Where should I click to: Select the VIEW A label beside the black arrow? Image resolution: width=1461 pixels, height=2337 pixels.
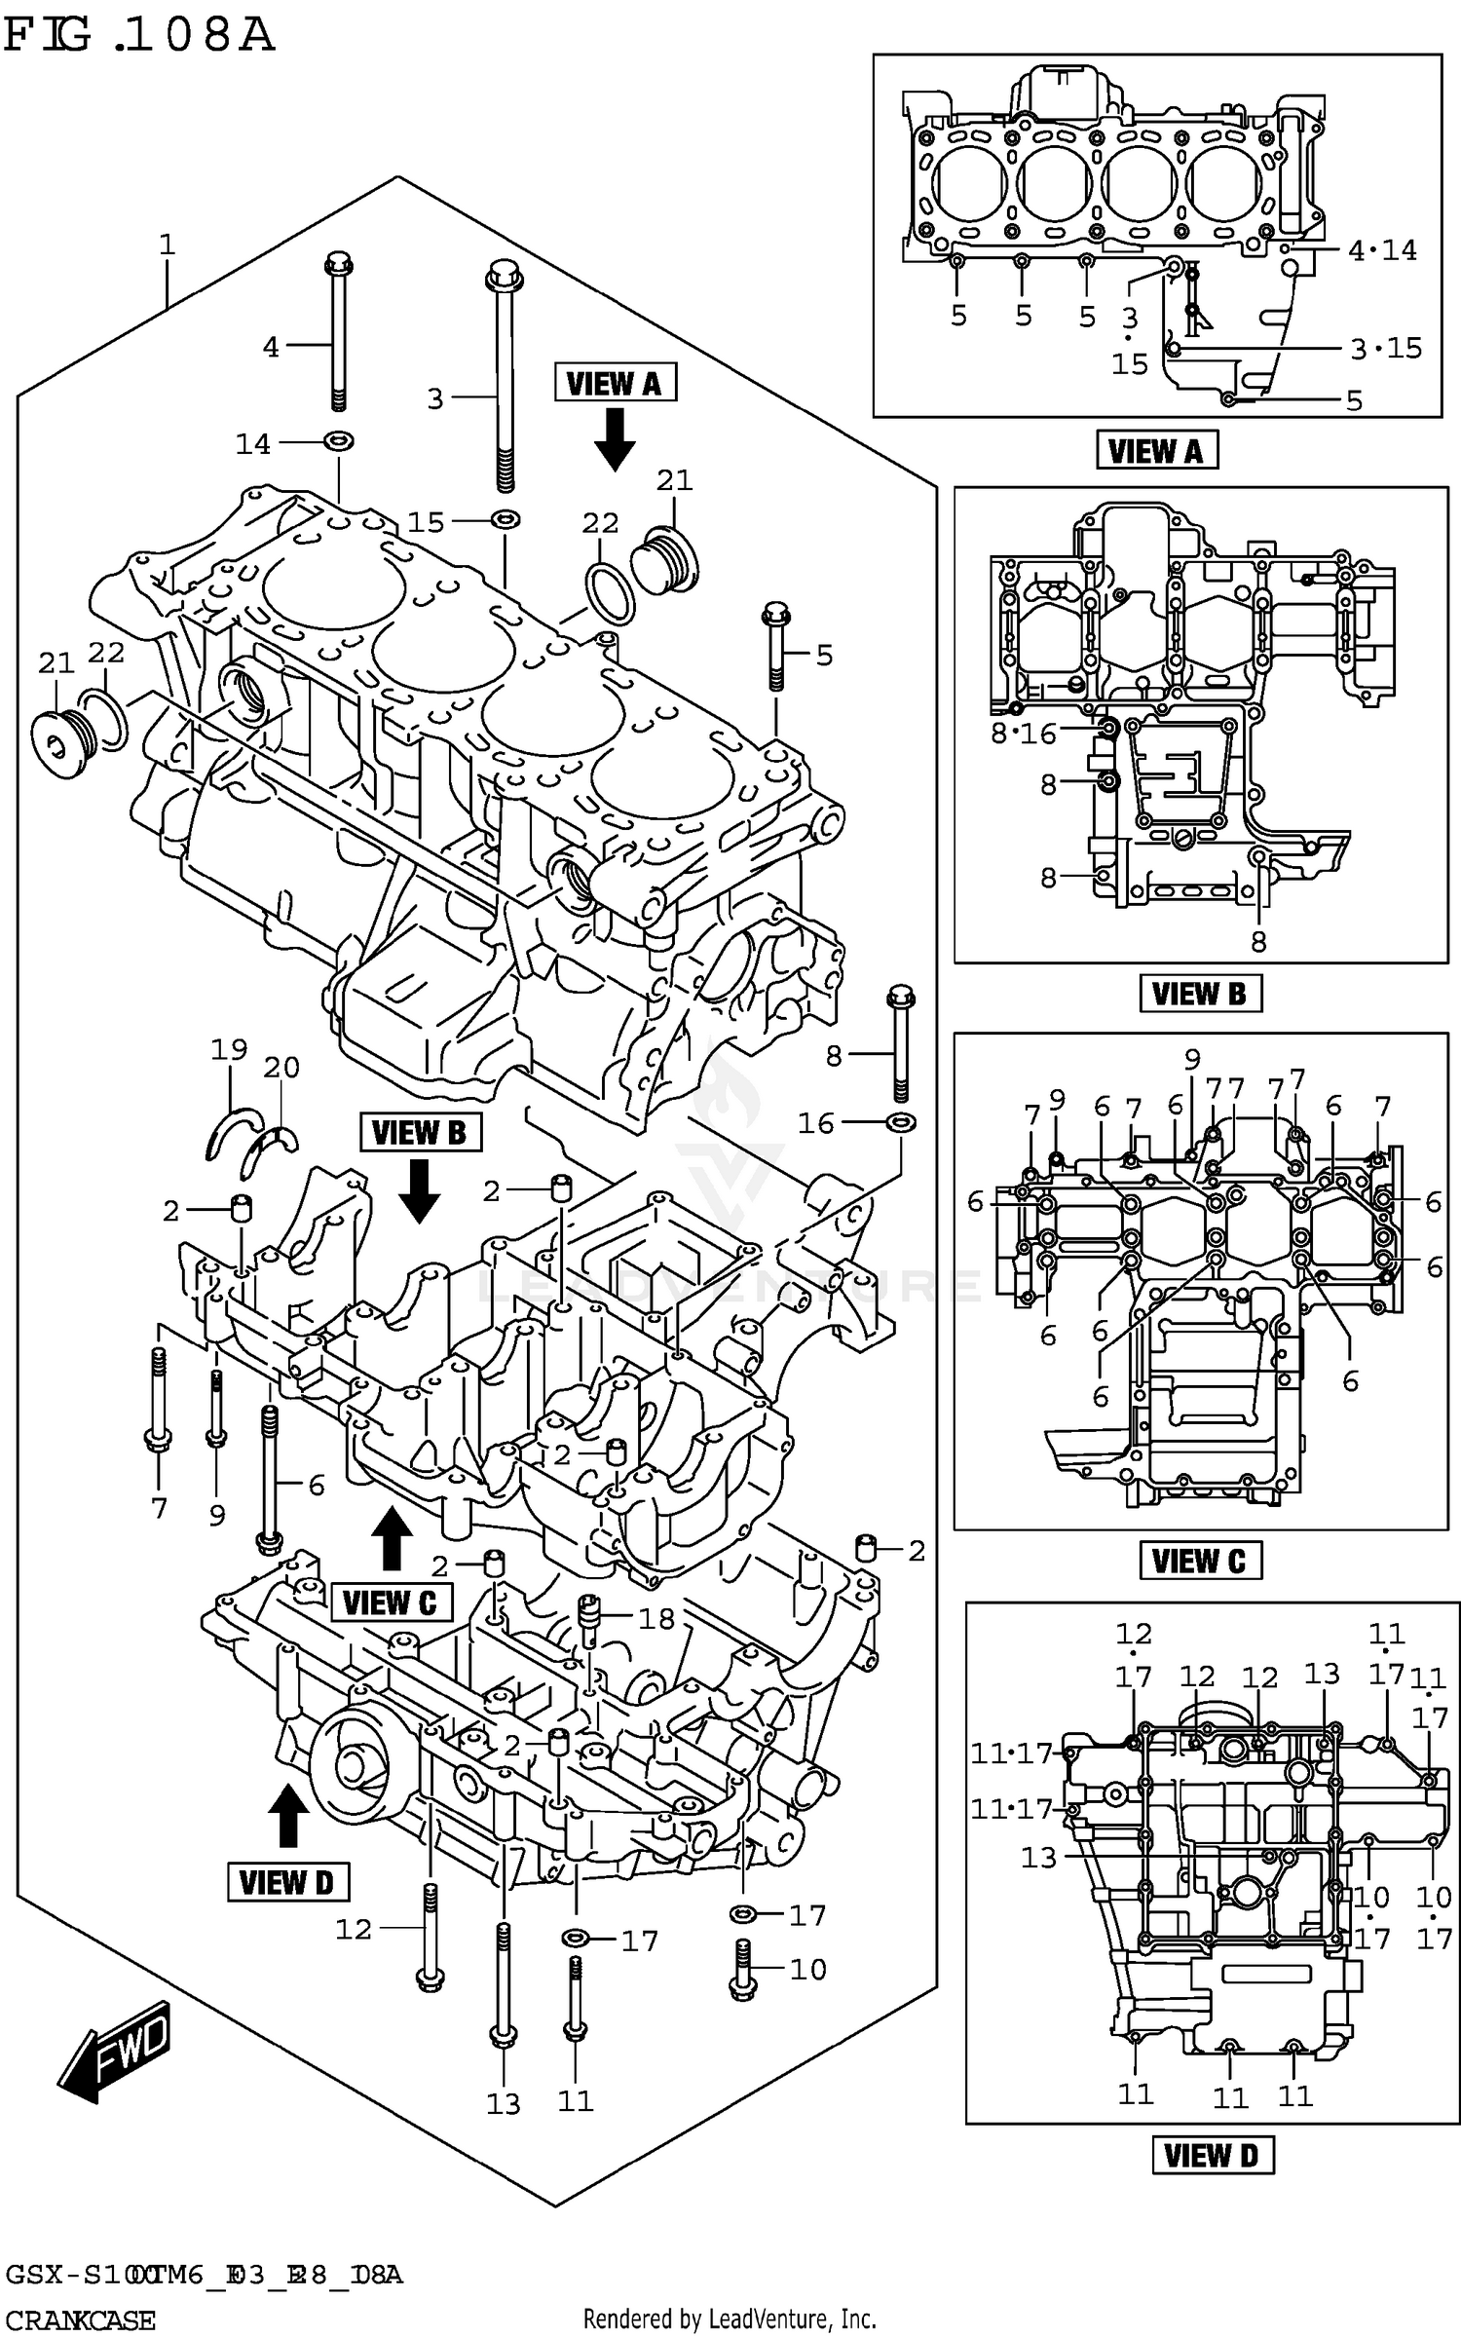coord(615,383)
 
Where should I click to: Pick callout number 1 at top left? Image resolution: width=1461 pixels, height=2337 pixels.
coord(168,245)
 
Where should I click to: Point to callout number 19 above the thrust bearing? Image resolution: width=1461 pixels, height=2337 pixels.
coord(229,1049)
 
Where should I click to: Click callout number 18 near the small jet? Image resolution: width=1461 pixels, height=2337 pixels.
coord(656,1618)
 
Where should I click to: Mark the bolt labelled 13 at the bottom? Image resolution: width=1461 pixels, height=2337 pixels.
coord(503,1982)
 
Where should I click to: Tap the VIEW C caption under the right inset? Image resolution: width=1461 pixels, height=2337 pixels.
coord(1199,1561)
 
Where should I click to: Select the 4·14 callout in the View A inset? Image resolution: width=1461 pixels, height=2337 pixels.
coord(1381,250)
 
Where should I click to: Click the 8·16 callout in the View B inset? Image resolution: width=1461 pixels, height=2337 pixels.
coord(1023,734)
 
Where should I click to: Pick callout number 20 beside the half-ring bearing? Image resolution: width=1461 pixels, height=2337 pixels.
coord(281,1067)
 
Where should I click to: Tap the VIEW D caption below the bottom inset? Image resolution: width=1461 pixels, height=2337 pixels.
coord(1212,2155)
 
